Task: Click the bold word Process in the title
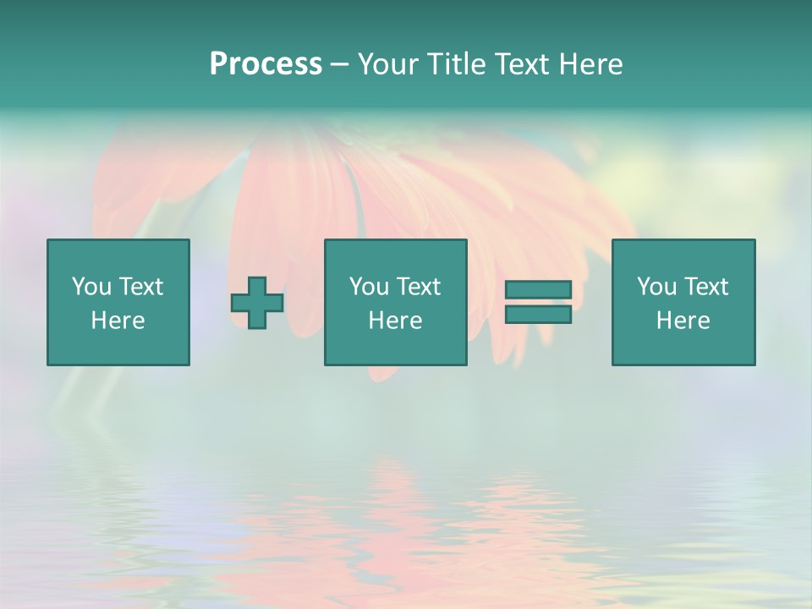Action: pos(266,64)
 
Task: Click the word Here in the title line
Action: pos(591,64)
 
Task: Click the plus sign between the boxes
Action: pos(257,303)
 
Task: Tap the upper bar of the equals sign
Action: pos(538,289)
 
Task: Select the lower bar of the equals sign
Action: pos(538,315)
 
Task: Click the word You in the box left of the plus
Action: pos(91,287)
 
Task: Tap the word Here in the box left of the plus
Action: pos(118,321)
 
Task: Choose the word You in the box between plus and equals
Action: pos(369,287)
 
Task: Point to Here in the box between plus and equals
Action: pos(395,321)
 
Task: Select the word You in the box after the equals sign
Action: pos(656,287)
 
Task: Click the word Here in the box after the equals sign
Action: pos(683,321)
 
